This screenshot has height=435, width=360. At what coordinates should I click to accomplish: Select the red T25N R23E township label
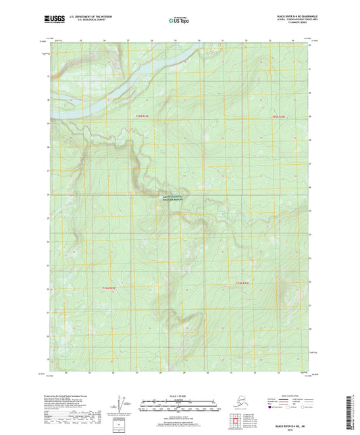(139, 117)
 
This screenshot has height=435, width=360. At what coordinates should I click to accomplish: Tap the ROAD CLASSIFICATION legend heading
(283, 395)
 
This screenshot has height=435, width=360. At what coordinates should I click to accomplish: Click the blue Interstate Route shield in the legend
(271, 408)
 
